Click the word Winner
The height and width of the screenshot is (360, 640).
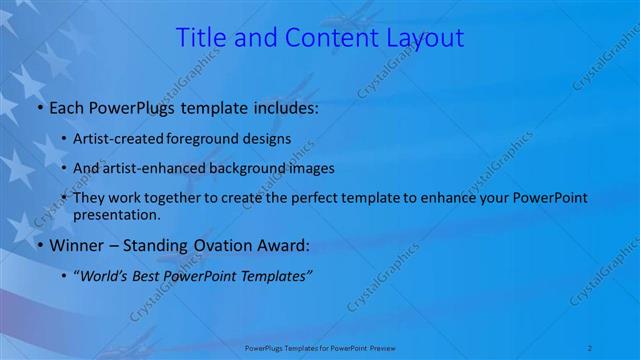[x=74, y=244]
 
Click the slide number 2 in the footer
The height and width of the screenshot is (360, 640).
[x=592, y=346]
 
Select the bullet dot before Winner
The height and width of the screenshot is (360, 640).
[x=39, y=245]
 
